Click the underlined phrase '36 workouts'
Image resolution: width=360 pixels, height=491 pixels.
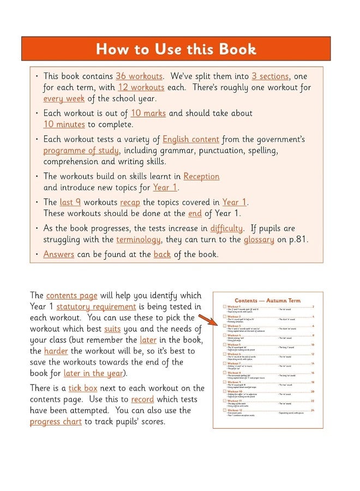click(139, 76)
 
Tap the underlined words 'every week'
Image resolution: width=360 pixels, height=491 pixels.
click(61, 99)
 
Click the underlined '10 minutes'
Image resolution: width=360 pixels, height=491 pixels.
click(65, 124)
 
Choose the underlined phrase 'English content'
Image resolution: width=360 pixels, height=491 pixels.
click(191, 139)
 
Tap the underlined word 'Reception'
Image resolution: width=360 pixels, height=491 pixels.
click(201, 176)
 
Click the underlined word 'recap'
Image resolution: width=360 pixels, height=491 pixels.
click(130, 202)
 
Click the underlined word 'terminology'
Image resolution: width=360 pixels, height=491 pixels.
click(139, 239)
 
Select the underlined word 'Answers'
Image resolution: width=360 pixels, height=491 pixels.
click(58, 254)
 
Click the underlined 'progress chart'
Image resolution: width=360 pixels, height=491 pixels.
click(56, 421)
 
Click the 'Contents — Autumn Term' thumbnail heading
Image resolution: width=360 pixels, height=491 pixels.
click(267, 300)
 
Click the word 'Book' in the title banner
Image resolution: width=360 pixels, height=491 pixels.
click(237, 49)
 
